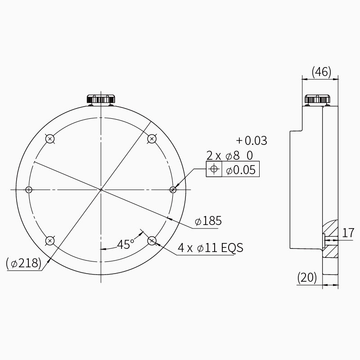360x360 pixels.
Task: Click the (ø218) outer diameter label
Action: pos(23,263)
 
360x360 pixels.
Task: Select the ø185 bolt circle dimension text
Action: pos(208,221)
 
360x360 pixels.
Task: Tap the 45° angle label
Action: pos(126,244)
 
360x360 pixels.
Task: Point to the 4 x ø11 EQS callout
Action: pos(210,248)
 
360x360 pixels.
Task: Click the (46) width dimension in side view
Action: pos(321,72)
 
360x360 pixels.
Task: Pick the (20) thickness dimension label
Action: pos(307,277)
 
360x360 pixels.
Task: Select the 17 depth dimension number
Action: pos(348,233)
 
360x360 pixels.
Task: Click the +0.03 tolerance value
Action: pos(252,140)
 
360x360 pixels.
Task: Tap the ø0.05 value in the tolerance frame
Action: pos(241,170)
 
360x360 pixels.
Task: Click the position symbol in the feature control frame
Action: pos(214,169)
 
